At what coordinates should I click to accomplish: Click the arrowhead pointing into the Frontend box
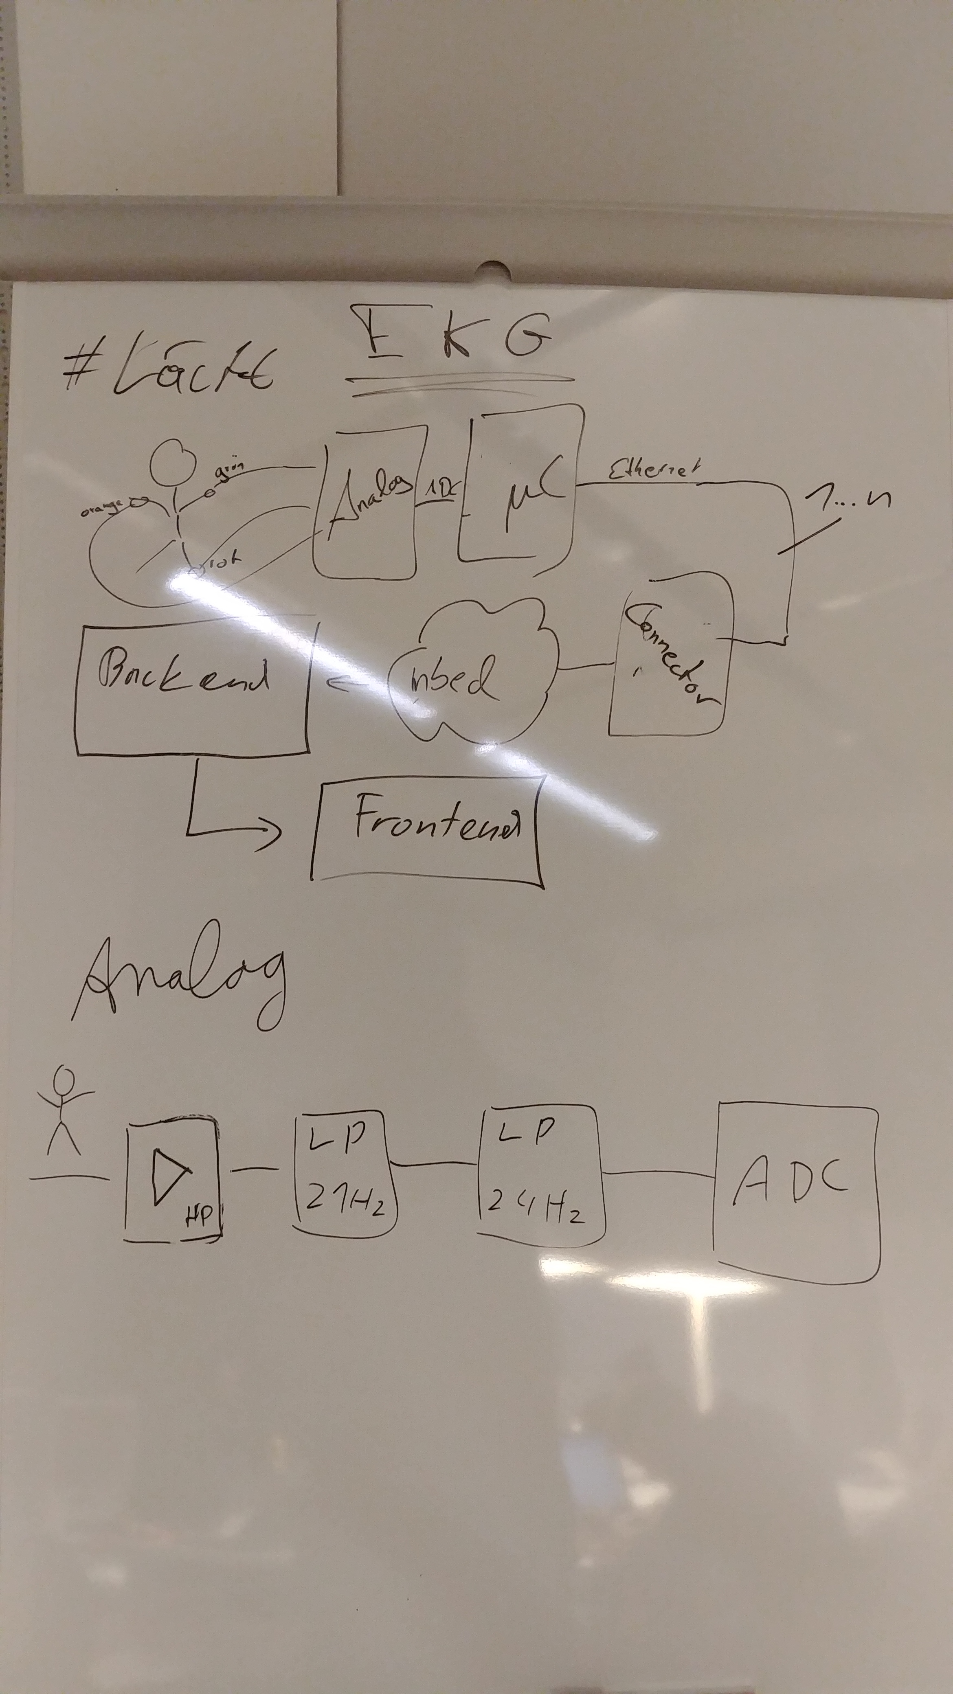point(273,832)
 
